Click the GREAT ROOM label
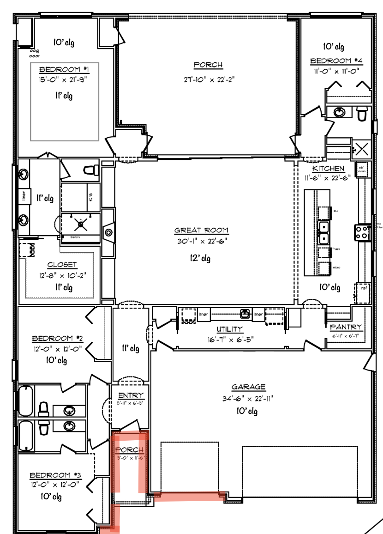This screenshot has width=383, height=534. click(201, 230)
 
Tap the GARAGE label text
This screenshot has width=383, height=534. click(248, 387)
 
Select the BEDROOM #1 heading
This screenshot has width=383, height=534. click(64, 70)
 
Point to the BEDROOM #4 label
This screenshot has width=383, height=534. click(337, 61)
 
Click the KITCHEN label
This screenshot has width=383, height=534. click(328, 168)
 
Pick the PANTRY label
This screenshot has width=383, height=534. click(346, 327)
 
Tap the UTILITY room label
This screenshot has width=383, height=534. click(230, 329)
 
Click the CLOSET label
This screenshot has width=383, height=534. click(62, 265)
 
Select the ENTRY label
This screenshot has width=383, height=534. click(131, 395)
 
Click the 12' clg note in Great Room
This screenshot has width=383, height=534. click(200, 258)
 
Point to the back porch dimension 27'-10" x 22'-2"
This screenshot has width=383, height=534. click(208, 79)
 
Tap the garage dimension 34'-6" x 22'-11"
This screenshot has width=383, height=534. click(248, 398)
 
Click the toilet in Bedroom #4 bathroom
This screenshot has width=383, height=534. click(362, 112)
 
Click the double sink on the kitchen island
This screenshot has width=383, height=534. click(324, 233)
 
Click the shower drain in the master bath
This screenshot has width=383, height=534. click(82, 224)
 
